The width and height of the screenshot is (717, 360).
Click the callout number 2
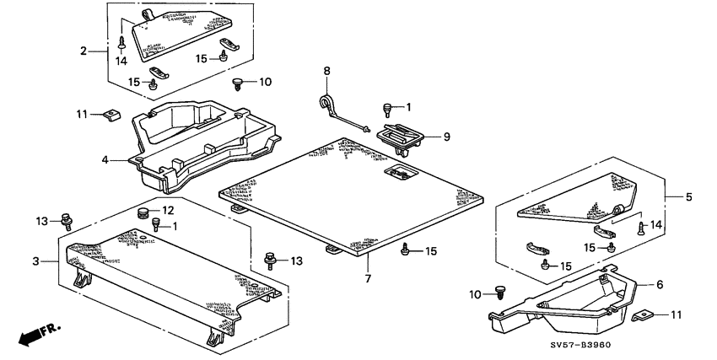pos(84,51)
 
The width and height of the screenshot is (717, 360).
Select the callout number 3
pos(35,262)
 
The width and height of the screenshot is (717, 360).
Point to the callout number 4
pos(105,159)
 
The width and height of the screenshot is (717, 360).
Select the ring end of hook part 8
pos(325,102)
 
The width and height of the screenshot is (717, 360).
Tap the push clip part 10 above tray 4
pos(238,83)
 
